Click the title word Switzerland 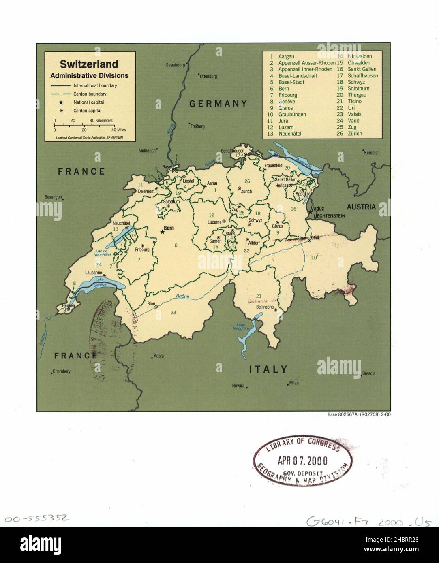click(x=89, y=64)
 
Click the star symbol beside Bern click(x=163, y=232)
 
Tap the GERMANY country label click(x=218, y=104)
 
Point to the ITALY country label click(x=268, y=369)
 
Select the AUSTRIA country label click(x=361, y=207)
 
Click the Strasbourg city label click(x=175, y=65)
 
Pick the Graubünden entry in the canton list click(x=292, y=114)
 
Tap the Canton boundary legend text click(x=90, y=94)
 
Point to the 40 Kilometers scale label click(x=101, y=121)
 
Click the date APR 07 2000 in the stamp click(x=302, y=461)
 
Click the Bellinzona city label click(x=264, y=307)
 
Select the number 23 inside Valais click(x=173, y=312)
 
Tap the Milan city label click(x=293, y=383)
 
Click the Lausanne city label click(x=94, y=273)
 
